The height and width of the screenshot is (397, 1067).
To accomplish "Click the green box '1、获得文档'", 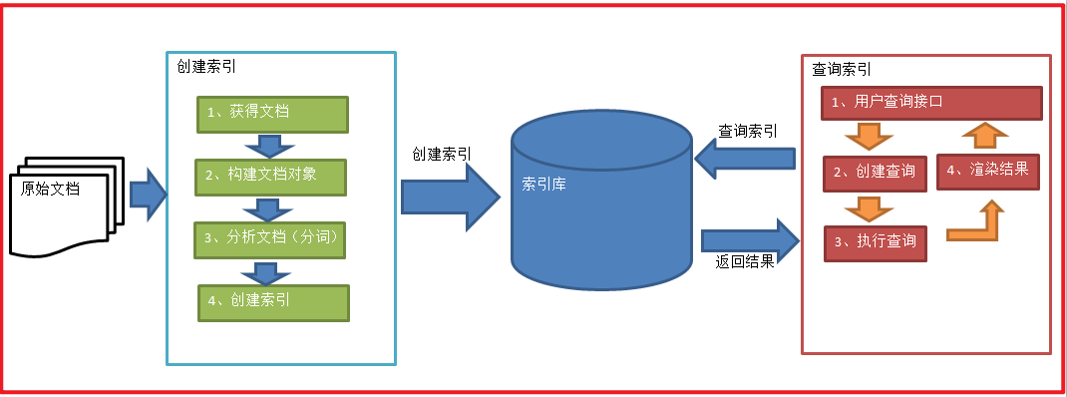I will [x=272, y=115].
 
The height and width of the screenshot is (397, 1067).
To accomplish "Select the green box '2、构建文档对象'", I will [x=272, y=177].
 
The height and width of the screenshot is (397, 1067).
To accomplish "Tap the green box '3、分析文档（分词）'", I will [x=272, y=239].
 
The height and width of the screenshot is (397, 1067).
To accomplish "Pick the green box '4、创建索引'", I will [x=274, y=302].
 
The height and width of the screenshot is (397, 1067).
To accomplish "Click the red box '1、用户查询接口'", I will [x=931, y=103].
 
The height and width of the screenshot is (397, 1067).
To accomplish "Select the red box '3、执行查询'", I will [x=875, y=242].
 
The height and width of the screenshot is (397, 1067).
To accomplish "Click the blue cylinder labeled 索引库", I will [x=600, y=199].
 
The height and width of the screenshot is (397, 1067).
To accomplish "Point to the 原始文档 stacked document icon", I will [x=62, y=204].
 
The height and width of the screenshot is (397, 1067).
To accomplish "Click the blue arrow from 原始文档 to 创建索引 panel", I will [x=147, y=194].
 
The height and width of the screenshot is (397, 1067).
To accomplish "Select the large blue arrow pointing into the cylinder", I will [x=449, y=197].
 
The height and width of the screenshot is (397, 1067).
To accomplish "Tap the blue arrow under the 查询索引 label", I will [x=745, y=158].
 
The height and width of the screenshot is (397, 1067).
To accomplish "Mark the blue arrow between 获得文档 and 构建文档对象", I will [x=265, y=146].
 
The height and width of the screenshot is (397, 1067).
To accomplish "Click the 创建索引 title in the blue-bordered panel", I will [x=205, y=68].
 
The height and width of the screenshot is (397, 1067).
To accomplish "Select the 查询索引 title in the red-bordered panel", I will [x=842, y=70].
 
